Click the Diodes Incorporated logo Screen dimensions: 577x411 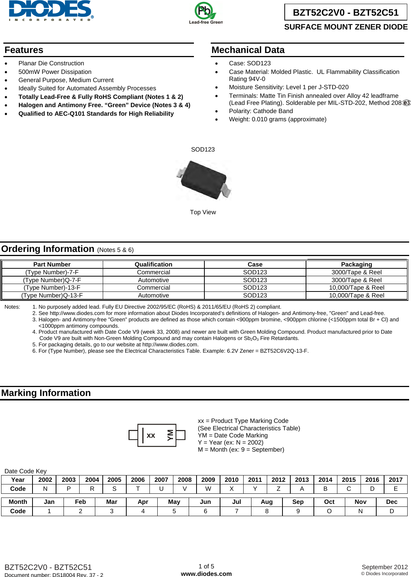(51, 10)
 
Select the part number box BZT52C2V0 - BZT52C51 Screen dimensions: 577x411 (346, 12)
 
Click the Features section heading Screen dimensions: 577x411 (24, 50)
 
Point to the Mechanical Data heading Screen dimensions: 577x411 (248, 50)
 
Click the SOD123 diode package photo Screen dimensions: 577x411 (204, 180)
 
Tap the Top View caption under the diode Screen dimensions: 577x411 (203, 212)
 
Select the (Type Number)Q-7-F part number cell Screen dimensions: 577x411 (52, 280)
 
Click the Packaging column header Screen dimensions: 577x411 (356, 264)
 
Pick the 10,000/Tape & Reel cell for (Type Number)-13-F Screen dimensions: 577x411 (356, 287)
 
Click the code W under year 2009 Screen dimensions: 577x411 (208, 489)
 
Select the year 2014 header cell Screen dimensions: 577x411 (325, 480)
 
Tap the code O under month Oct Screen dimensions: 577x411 (329, 511)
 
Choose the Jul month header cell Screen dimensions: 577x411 (237, 502)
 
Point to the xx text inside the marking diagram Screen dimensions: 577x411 (151, 436)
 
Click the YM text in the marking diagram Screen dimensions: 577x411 (170, 435)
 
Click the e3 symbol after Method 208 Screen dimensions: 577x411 (407, 103)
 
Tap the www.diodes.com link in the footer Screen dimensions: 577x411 (206, 574)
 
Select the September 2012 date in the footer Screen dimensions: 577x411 (384, 567)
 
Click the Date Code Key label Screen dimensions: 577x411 (25, 471)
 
